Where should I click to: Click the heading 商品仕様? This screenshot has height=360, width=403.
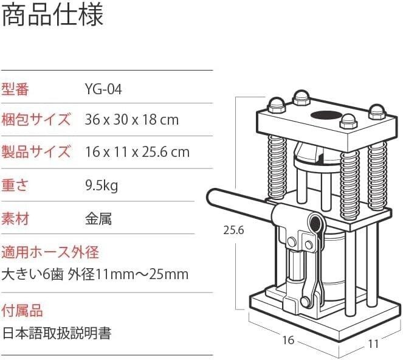pyautogui.click(x=53, y=15)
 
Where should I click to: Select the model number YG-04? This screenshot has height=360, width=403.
pyautogui.click(x=103, y=90)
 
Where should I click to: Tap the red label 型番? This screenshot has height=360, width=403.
pyautogui.click(x=15, y=89)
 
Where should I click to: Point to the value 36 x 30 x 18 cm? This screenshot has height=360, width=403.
pyautogui.click(x=131, y=120)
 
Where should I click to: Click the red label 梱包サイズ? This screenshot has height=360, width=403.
pyautogui.click(x=36, y=120)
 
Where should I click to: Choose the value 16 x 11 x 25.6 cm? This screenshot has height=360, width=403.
pyautogui.click(x=137, y=152)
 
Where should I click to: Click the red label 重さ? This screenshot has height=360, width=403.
pyautogui.click(x=15, y=185)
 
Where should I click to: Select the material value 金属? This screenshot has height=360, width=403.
pyautogui.click(x=98, y=219)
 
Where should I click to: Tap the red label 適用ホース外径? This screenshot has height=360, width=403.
pyautogui.click(x=50, y=252)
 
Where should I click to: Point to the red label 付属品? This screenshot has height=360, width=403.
pyautogui.click(x=22, y=310)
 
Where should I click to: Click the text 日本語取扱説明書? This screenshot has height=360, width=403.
pyautogui.click(x=57, y=333)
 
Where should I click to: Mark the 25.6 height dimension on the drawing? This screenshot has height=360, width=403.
pyautogui.click(x=233, y=230)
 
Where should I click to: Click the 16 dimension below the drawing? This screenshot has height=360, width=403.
pyautogui.click(x=288, y=340)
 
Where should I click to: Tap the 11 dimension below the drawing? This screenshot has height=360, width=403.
pyautogui.click(x=373, y=344)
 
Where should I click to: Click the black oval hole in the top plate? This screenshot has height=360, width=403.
pyautogui.click(x=326, y=116)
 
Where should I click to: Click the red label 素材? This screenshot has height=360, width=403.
pyautogui.click(x=15, y=219)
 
